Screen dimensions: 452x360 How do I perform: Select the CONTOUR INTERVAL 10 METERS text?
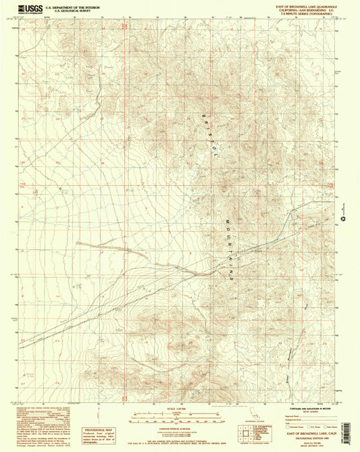(178, 428)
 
